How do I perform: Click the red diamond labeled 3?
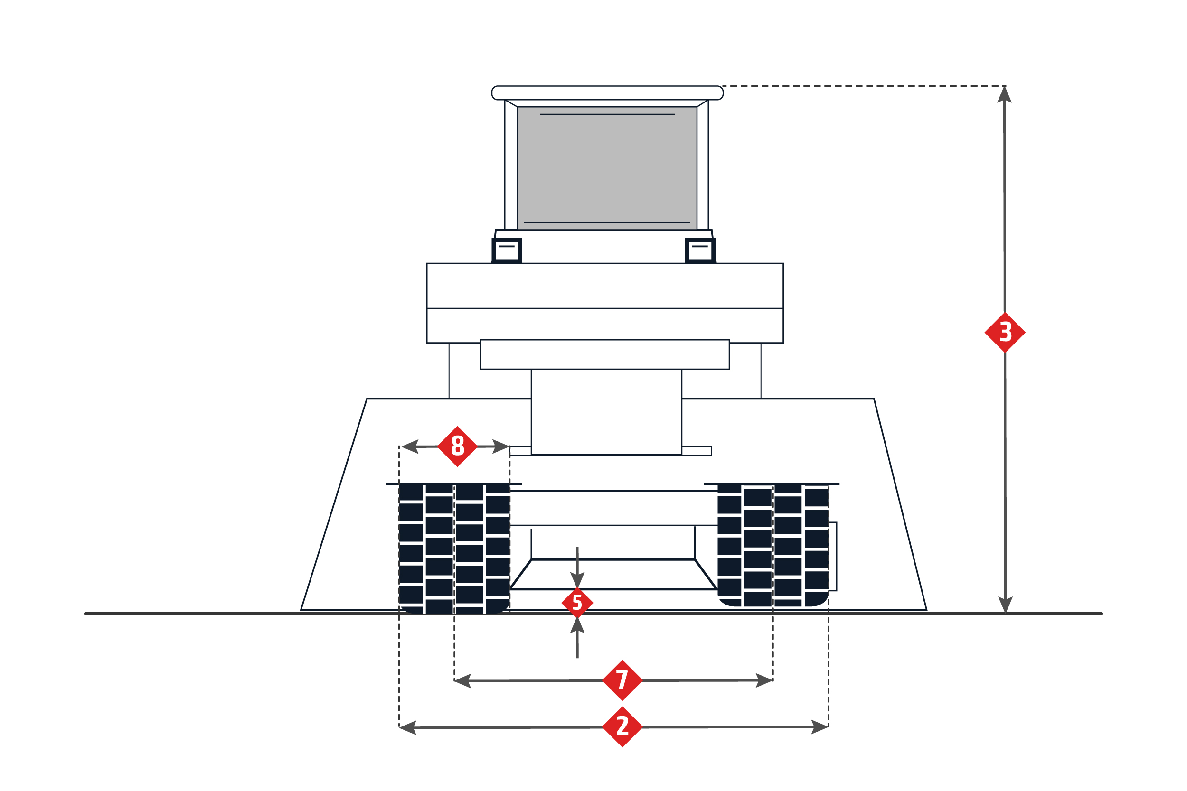pyautogui.click(x=1005, y=333)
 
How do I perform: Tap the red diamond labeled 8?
pyautogui.click(x=457, y=447)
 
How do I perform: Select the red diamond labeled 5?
pyautogui.click(x=577, y=603)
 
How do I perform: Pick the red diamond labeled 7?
pyautogui.click(x=622, y=680)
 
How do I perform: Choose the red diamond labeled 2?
pyautogui.click(x=622, y=727)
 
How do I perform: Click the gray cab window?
pyautogui.click(x=607, y=168)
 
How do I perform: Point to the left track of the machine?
pyautogui.click(x=454, y=549)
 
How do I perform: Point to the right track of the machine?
pyautogui.click(x=773, y=545)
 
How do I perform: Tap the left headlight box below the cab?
pyautogui.click(x=507, y=250)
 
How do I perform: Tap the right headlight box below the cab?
pyautogui.click(x=700, y=250)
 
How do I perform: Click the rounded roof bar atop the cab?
pyautogui.click(x=608, y=93)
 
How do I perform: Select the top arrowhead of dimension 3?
pyautogui.click(x=1004, y=94)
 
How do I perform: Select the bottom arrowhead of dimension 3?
pyautogui.click(x=1005, y=605)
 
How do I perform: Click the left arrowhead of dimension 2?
pyautogui.click(x=408, y=727)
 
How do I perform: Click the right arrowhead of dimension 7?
pyautogui.click(x=764, y=680)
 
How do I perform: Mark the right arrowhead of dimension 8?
pyautogui.click(x=500, y=447)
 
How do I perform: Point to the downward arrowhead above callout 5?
pyautogui.click(x=577, y=580)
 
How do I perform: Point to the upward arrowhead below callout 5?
pyautogui.click(x=577, y=625)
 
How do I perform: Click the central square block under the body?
pyautogui.click(x=607, y=412)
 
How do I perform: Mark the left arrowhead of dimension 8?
pyautogui.click(x=410, y=447)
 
